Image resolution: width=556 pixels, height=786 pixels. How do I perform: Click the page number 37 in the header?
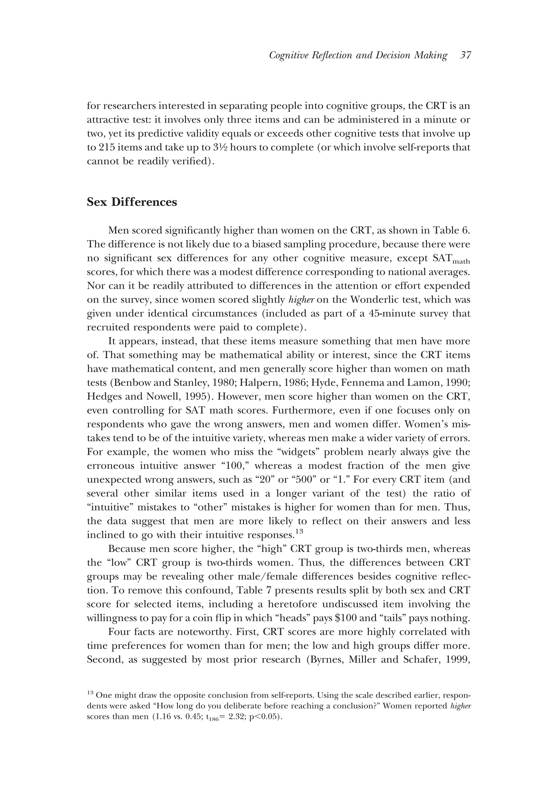tap(466, 55)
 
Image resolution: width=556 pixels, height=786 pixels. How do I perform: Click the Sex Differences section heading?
tap(132, 202)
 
